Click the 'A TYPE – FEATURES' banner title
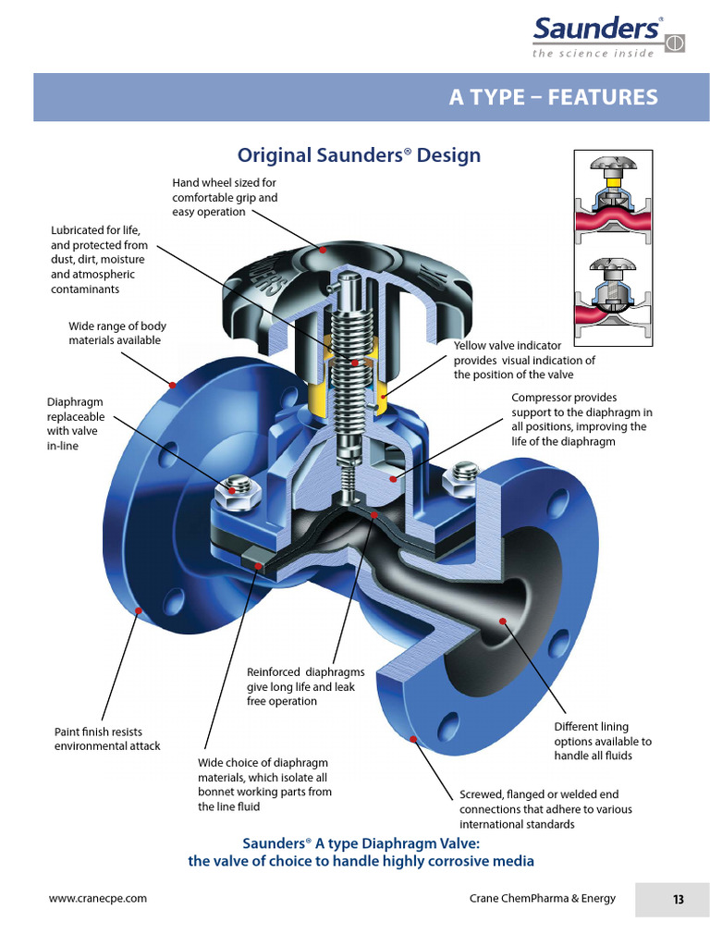pos(553,97)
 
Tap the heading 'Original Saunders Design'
pos(359,154)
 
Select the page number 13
pos(678,899)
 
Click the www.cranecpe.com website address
pos(97,898)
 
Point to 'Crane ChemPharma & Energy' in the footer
pos(542,898)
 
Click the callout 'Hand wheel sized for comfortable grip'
pos(225,197)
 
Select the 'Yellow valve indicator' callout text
pos(524,360)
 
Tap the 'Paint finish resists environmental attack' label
pos(107,739)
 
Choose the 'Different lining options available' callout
pos(603,741)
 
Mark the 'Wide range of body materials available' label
pos(117,333)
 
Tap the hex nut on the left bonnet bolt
pos(232,490)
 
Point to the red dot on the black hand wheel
pos(323,249)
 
